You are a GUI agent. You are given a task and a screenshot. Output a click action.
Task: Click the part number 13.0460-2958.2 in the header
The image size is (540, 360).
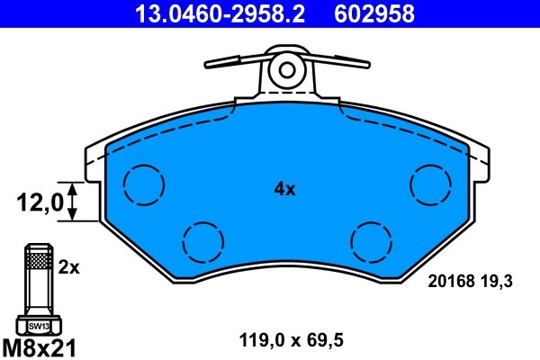tap(205, 13)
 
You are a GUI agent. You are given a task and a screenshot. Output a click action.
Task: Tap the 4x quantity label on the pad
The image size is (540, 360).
tap(284, 189)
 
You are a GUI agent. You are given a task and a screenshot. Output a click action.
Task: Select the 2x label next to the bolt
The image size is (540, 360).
tap(69, 267)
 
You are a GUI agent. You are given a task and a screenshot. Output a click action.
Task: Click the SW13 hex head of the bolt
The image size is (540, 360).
tap(38, 326)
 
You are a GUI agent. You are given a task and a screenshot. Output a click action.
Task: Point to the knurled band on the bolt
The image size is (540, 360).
tap(38, 262)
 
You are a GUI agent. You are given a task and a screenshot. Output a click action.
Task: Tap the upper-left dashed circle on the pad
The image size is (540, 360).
tap(145, 184)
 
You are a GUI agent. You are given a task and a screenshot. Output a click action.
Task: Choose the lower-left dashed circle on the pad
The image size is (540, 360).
tap(202, 239)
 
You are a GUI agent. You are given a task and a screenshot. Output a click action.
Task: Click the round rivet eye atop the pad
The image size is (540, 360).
tap(288, 69)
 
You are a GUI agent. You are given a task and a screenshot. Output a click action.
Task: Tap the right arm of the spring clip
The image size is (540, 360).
tap(340, 64)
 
